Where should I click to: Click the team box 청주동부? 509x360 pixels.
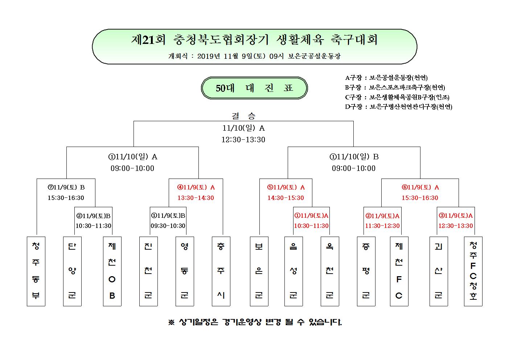(36, 271)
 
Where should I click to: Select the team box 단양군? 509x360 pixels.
(72, 271)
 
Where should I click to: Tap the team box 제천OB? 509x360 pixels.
(112, 271)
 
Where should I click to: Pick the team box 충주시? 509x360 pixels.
(221, 271)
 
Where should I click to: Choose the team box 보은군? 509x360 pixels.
(259, 271)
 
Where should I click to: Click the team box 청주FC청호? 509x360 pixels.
(473, 271)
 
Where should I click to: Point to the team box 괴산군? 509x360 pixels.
(439, 271)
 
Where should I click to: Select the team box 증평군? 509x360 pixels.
(366, 271)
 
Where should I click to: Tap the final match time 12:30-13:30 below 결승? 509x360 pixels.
(243, 140)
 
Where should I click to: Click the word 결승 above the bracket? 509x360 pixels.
(243, 116)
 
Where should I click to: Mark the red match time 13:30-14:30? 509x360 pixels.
(196, 198)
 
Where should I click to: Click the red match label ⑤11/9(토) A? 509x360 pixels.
(286, 187)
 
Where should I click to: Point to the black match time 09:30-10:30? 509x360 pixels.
(168, 226)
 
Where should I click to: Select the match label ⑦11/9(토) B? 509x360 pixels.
(66, 187)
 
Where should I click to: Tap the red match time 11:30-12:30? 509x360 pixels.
(382, 226)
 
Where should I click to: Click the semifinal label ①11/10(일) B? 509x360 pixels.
(354, 157)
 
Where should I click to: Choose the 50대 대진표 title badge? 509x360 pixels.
(254, 88)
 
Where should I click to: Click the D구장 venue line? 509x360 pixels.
(399, 107)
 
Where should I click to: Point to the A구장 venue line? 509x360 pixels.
(386, 78)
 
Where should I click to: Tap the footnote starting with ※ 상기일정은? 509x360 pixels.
(255, 322)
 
